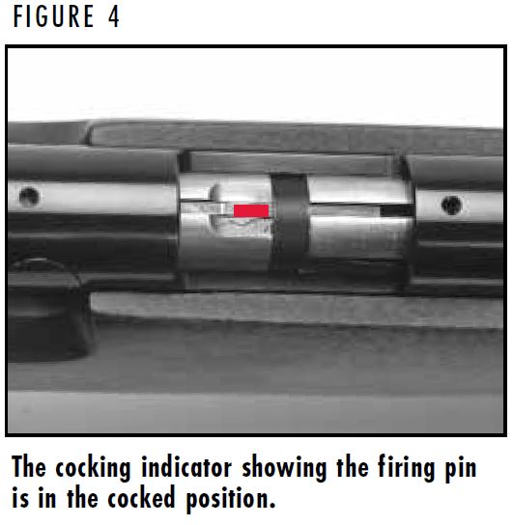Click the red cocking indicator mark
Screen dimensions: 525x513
251,210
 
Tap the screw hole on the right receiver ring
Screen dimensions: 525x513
451,205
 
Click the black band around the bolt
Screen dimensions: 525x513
286,222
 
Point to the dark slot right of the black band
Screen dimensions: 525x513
394,208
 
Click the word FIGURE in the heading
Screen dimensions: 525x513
52,18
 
